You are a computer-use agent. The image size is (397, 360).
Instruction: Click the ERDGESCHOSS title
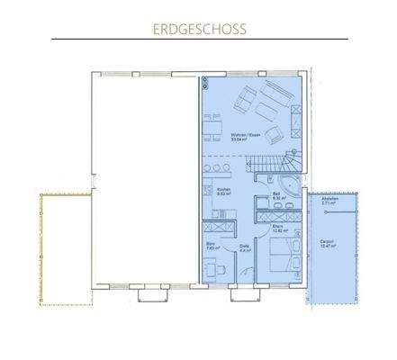coord(199,28)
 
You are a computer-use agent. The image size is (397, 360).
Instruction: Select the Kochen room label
coord(224,192)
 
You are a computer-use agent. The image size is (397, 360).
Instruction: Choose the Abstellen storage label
coord(328,203)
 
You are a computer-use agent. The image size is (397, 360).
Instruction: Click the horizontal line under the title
coord(199,40)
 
